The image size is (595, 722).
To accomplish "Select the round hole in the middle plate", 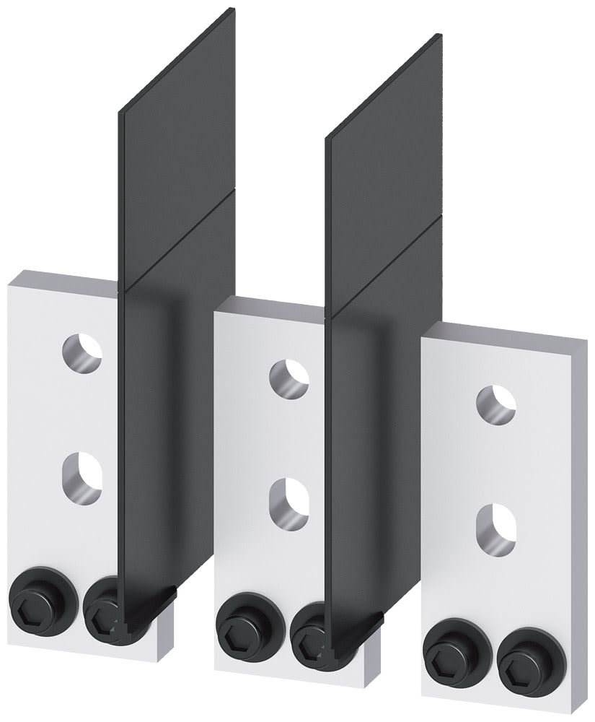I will point(288,376).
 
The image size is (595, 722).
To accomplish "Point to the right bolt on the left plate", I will point(102,614).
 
